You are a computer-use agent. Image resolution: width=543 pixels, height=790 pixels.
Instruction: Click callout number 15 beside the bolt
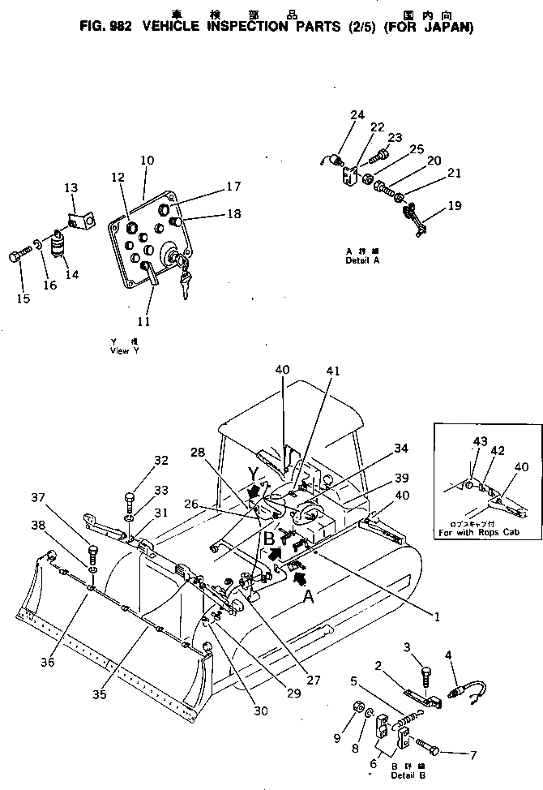22,299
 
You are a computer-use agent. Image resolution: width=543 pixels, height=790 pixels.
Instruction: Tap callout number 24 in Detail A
357,115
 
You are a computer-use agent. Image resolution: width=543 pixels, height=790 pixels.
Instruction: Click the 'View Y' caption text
124,351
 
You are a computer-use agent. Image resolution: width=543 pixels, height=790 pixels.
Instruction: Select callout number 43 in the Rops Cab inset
481,441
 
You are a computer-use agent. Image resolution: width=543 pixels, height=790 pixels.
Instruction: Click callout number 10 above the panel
146,161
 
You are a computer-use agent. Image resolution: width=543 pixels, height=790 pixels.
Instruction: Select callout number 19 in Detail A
455,206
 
